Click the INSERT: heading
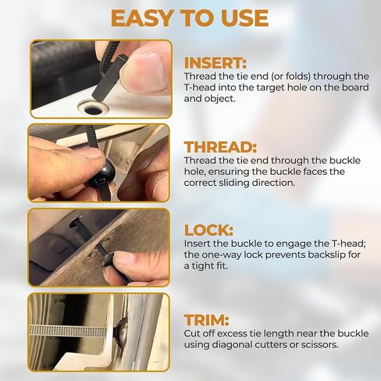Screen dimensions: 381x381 click(215, 63)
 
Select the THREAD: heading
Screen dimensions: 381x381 click(220, 147)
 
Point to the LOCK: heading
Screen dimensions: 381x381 click(208, 230)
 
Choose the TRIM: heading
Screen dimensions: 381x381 click(207, 320)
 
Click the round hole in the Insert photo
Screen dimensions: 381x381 click(93, 109)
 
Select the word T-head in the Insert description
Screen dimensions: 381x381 click(200, 87)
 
